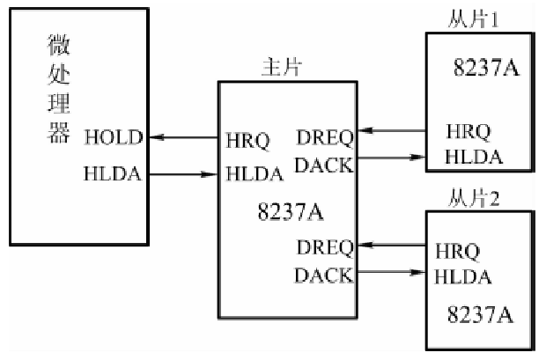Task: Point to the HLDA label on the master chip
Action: click(x=254, y=175)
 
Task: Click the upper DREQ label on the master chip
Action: click(x=326, y=138)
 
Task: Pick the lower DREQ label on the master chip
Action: click(x=326, y=245)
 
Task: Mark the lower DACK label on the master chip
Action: click(x=324, y=276)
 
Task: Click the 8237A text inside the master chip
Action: click(x=285, y=211)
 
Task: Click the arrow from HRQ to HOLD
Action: click(x=186, y=137)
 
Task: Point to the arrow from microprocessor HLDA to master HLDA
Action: click(x=186, y=174)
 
